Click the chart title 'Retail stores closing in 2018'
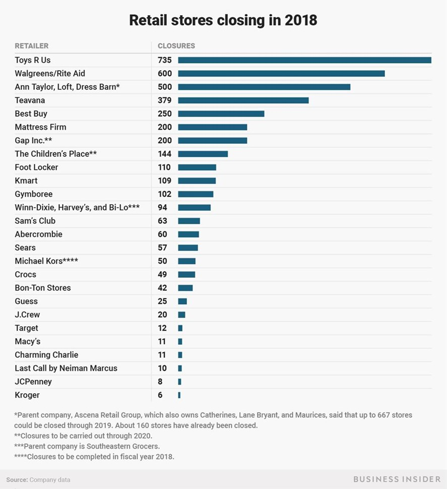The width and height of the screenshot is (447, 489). pos(223,20)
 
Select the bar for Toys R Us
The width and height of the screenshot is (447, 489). pos(304,60)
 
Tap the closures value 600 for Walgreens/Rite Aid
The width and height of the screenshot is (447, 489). pos(164,74)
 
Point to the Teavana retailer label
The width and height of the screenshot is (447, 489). pos(30,100)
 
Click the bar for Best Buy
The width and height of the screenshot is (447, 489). pos(221,113)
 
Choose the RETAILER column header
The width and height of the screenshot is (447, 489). pos(31,46)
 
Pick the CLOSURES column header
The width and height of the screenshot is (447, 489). pos(176,46)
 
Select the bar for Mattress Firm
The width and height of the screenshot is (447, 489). pos(212,127)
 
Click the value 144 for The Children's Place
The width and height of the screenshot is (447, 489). pos(164,154)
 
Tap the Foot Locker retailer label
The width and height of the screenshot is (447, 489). pos(36,167)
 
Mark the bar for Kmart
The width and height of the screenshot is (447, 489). pos(197,180)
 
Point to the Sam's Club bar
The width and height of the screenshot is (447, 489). pos(189,221)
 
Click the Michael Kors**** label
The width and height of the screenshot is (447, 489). pos(46,261)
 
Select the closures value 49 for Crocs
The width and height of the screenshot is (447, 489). pos(162,274)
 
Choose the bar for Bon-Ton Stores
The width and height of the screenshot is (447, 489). pos(185,288)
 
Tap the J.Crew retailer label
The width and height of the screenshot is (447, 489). pos(27,315)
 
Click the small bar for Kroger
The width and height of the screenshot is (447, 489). pos(179,395)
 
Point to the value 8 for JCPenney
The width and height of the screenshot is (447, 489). pos(160,382)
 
